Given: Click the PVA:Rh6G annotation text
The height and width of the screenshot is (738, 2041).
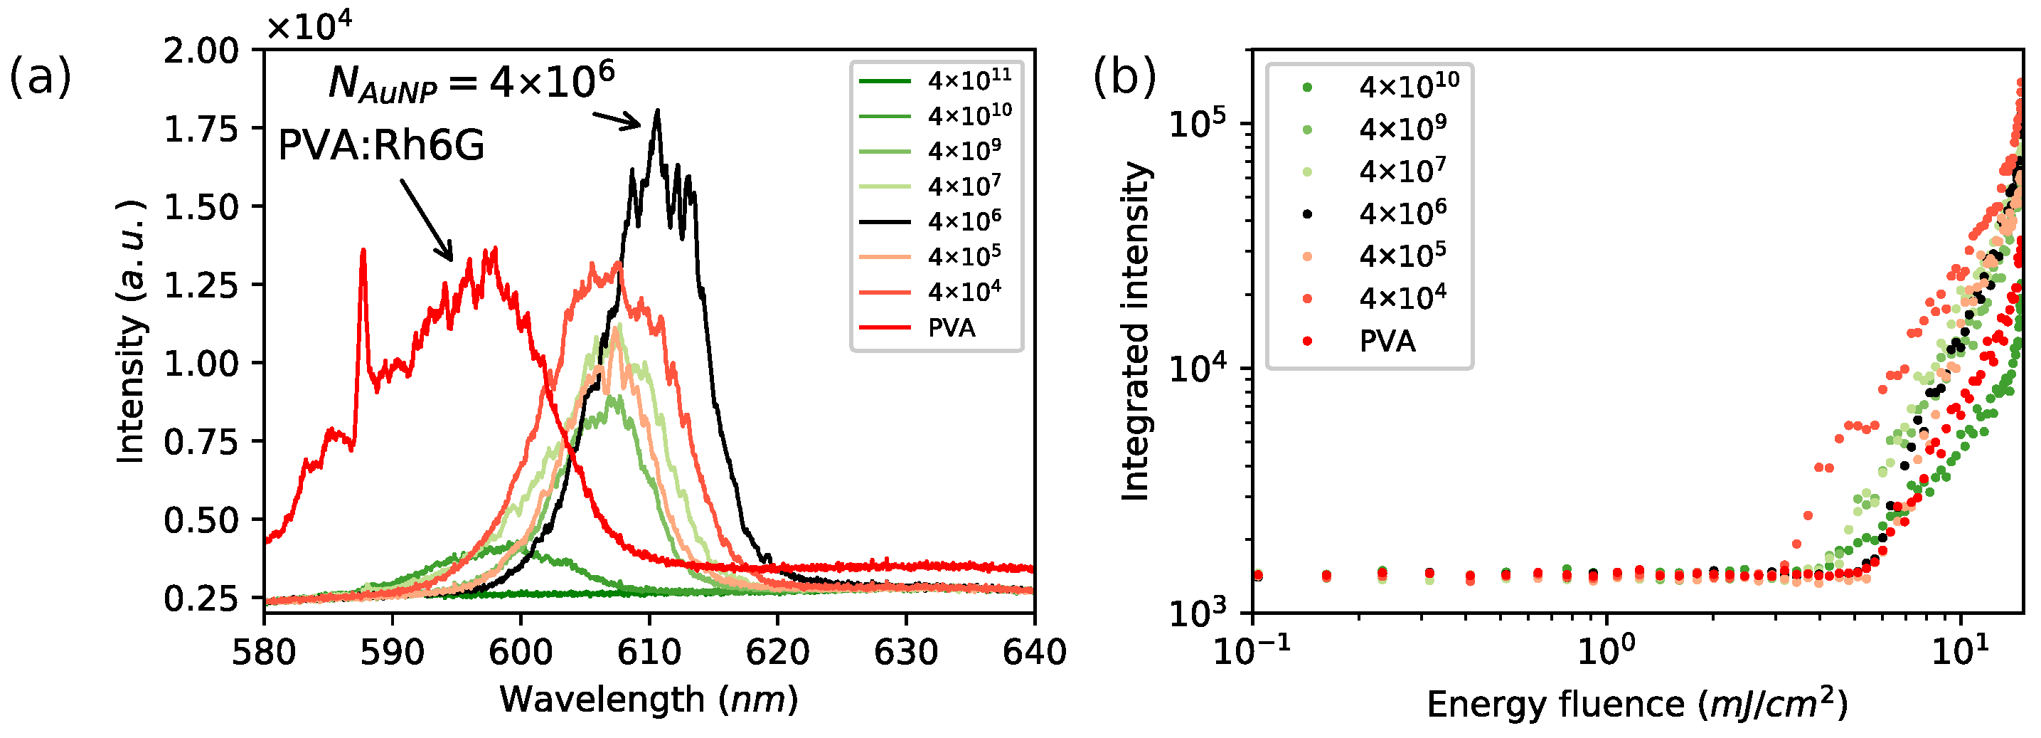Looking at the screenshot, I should click(x=381, y=146).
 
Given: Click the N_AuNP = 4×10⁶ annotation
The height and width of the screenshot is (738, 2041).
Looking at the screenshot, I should click(x=471, y=82).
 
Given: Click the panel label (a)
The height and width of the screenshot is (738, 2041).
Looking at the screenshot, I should click(x=40, y=78).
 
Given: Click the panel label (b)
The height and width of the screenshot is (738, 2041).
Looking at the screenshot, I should click(x=1124, y=78).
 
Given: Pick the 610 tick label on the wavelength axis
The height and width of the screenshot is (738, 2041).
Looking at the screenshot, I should click(x=649, y=653).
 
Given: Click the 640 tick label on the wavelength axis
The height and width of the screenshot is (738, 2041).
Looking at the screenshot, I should click(x=1034, y=653).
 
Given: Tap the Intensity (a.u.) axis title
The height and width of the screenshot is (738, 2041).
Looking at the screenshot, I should click(x=132, y=332).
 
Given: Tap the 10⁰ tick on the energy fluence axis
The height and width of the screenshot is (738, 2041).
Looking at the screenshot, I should click(x=1606, y=653).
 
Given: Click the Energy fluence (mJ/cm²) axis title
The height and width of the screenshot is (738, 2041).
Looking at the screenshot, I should click(x=1637, y=704).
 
